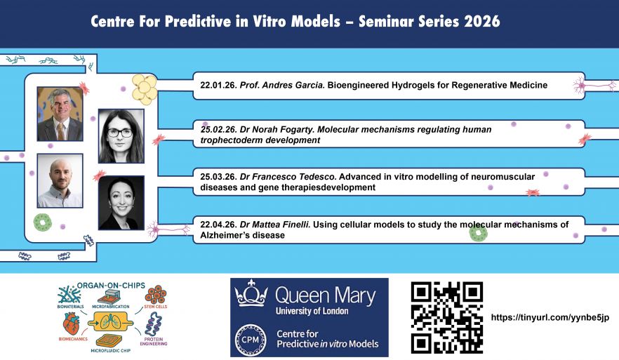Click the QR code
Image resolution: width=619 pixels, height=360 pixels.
coord(446,317)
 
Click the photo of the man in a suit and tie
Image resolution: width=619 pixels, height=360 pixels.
coord(60,114)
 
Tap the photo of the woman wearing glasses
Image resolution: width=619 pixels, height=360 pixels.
coord(121,135)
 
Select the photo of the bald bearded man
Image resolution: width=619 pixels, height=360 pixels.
coord(60,180)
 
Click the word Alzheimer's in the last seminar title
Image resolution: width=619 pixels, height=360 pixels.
coord(223,235)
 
